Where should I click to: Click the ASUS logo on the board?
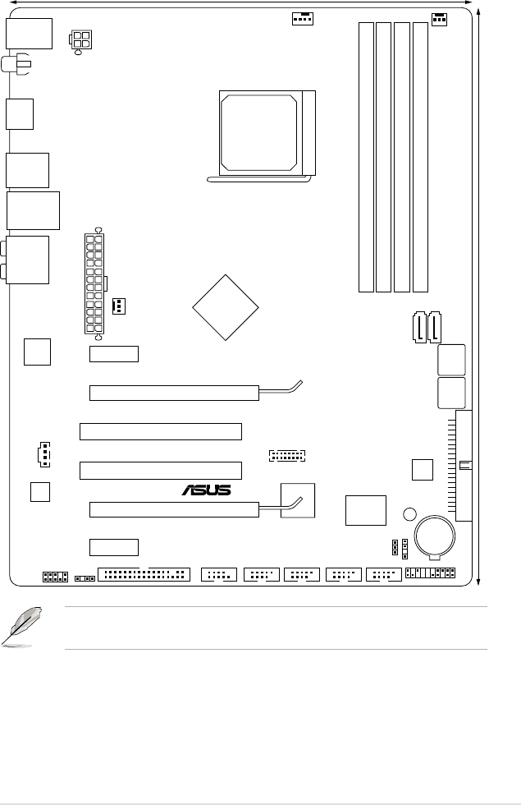click(x=207, y=490)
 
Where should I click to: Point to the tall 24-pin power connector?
click(x=95, y=283)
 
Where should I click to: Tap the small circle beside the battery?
click(x=409, y=515)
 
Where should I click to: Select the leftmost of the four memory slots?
click(x=366, y=157)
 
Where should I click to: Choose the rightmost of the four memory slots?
click(x=421, y=157)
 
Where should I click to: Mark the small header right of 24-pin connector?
click(x=118, y=306)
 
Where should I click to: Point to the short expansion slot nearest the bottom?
click(x=114, y=546)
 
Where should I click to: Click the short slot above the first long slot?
click(x=114, y=354)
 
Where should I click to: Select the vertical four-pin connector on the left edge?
click(x=42, y=453)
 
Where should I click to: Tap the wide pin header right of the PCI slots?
click(x=286, y=454)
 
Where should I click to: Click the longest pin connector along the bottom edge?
click(x=144, y=573)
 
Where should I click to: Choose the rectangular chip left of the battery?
click(x=365, y=510)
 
